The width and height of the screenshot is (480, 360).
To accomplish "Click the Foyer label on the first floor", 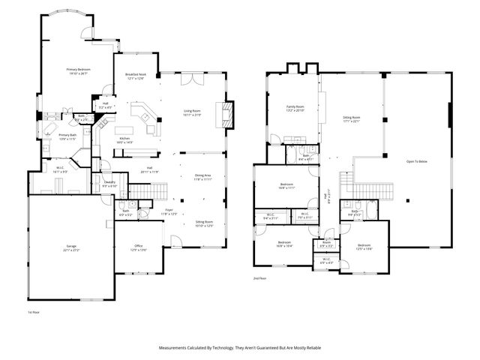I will click(x=169, y=212).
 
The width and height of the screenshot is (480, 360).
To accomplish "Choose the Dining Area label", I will click(x=202, y=177).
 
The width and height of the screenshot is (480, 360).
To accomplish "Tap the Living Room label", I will click(x=193, y=112).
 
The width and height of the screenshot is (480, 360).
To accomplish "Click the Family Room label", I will click(x=295, y=108).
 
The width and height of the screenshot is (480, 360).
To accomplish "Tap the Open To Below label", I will click(x=417, y=161).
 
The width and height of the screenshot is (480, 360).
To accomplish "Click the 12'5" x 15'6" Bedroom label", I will click(x=364, y=246).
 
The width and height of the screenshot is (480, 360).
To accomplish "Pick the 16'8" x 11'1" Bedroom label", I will click(x=286, y=185).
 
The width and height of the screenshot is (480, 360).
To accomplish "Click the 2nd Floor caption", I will click(x=260, y=278).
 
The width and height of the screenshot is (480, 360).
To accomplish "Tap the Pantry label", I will click(x=109, y=183).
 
